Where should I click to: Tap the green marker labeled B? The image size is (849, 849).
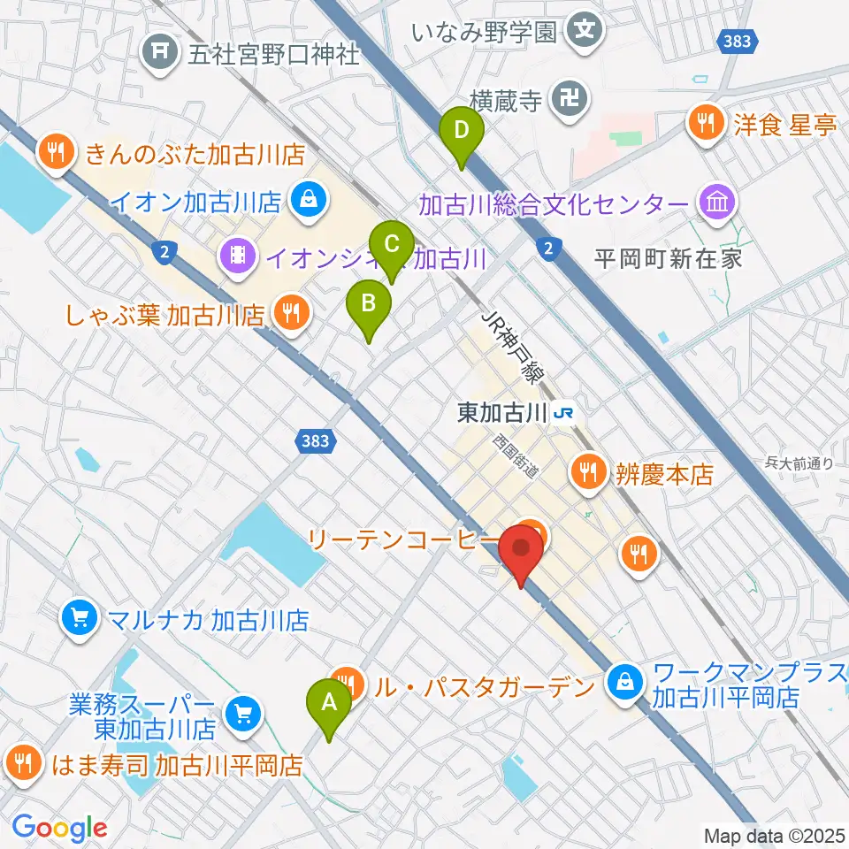click(370, 304)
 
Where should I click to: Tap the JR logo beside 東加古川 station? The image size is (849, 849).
click(564, 412)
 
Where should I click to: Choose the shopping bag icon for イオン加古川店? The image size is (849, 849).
click(306, 201)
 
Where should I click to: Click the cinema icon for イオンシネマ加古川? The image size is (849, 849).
click(238, 258)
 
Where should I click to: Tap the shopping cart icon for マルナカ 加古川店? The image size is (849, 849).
click(80, 618)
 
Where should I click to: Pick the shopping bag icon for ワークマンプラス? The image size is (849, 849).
click(625, 683)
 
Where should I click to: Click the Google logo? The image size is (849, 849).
click(59, 828)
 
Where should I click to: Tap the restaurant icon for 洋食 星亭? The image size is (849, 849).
click(707, 123)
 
